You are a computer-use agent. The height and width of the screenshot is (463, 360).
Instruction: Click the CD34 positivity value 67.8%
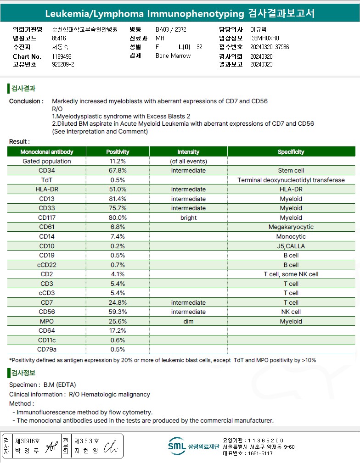point(118,171)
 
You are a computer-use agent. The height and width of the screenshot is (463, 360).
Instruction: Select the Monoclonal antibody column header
point(47,152)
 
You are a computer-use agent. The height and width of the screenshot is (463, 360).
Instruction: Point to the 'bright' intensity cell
point(188,218)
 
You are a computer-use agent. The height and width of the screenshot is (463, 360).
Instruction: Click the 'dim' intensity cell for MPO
point(188,322)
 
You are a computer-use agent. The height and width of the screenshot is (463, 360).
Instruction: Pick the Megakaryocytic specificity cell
point(291,227)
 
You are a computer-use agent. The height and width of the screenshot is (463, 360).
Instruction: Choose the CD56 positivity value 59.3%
point(118,312)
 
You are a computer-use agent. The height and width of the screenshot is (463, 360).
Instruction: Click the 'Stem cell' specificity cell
point(291,171)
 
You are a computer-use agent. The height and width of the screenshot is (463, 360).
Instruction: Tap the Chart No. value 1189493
point(62,56)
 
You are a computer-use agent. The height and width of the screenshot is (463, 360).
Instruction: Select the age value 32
point(199,47)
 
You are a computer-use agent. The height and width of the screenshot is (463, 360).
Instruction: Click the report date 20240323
point(261,65)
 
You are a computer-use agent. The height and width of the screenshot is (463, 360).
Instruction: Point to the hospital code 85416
point(59,38)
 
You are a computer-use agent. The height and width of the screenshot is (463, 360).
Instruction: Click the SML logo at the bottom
point(177,446)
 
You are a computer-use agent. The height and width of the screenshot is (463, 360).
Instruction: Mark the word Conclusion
point(26,101)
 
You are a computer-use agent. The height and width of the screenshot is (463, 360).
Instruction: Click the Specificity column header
point(291,152)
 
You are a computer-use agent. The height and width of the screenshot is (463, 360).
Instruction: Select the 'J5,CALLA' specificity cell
point(291,246)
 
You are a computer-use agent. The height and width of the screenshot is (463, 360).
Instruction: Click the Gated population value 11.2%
point(118,162)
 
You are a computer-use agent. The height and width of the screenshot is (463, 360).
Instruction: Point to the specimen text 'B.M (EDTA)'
point(60,385)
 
